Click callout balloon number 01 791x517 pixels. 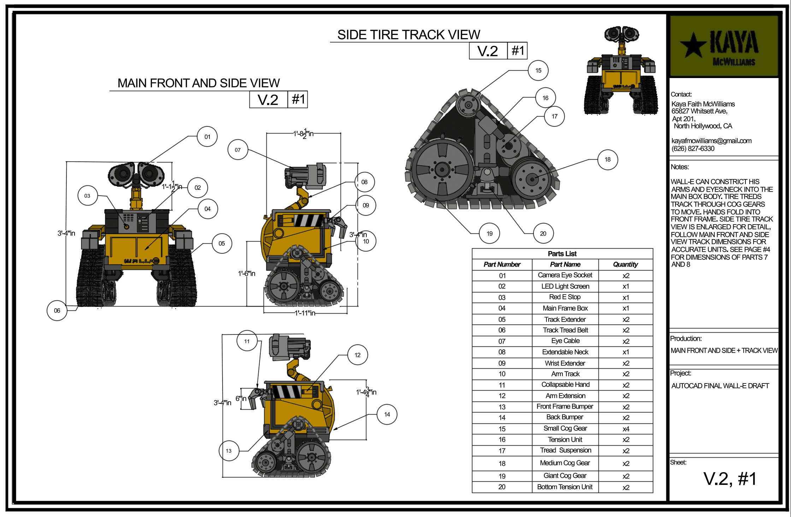[207, 137]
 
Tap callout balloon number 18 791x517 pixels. [607, 159]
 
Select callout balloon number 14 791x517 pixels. [387, 414]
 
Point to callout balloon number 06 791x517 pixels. [57, 310]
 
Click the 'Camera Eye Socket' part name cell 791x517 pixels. [565, 275]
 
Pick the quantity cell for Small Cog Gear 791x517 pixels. [626, 429]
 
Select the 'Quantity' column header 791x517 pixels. [625, 264]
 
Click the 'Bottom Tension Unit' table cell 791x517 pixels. [565, 487]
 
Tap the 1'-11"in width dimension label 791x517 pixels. [305, 313]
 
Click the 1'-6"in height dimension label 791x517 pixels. [247, 273]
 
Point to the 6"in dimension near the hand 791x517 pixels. [241, 398]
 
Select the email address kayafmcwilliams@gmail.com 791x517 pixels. [711, 141]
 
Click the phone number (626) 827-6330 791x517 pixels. [693, 148]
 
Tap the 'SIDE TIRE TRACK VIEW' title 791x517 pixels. [408, 35]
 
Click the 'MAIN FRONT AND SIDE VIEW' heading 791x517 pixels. [199, 83]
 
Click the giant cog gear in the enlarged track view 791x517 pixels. [442, 170]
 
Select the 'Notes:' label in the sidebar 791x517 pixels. [680, 167]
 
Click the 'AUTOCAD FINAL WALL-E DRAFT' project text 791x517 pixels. [720, 386]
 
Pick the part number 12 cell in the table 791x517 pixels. [502, 396]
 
